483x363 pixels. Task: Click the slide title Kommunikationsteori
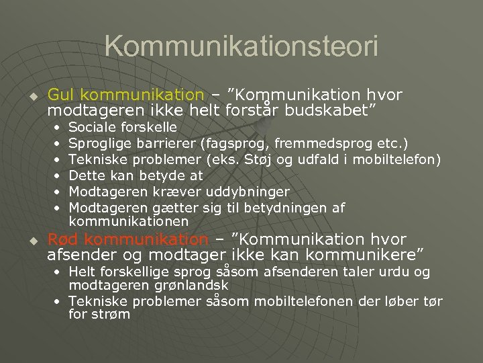241,46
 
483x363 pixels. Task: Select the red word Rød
64,239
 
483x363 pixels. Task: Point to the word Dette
87,175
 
